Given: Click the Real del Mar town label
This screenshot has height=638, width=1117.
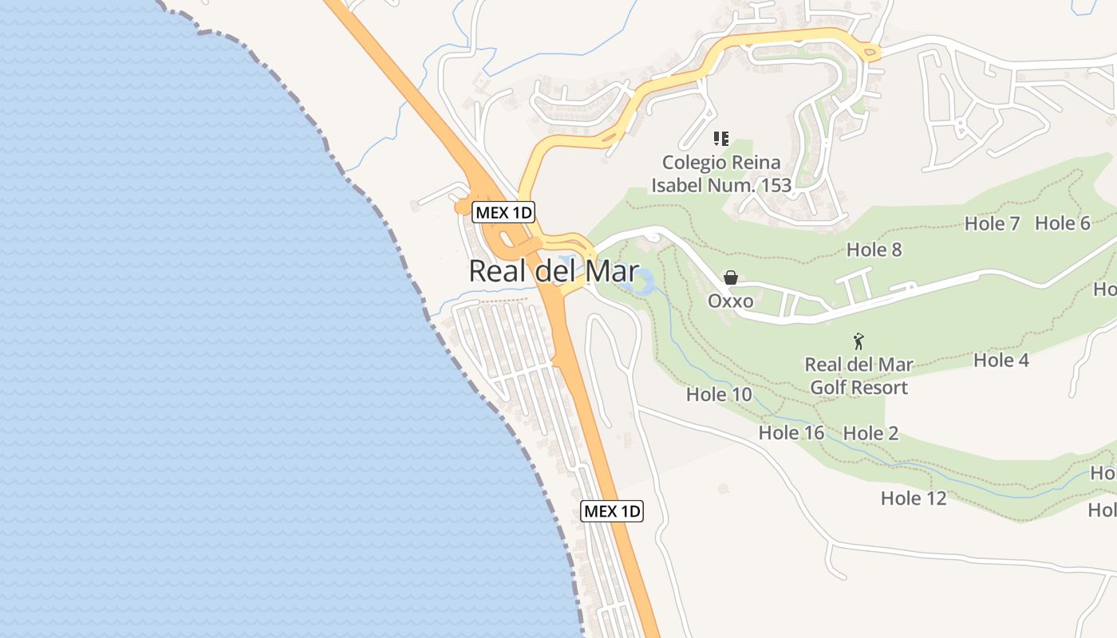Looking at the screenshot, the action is click(x=553, y=271).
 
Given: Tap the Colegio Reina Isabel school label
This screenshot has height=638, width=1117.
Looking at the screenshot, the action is click(x=721, y=174).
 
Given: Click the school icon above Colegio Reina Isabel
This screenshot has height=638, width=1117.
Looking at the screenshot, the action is click(x=721, y=139).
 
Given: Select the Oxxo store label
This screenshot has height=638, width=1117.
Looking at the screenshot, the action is click(x=730, y=301).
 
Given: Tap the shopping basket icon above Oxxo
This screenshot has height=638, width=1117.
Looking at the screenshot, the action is click(x=730, y=278).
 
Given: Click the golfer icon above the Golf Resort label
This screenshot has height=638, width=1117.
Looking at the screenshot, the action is click(x=858, y=342).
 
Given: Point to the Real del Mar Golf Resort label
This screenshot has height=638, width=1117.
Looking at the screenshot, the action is click(x=858, y=376).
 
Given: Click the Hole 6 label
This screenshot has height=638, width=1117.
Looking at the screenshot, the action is click(x=1062, y=223).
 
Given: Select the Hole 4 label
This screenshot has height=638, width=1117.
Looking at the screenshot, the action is click(x=1001, y=360).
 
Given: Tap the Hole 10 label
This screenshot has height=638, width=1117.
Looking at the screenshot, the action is click(x=718, y=394).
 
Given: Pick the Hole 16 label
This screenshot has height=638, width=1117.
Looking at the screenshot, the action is click(x=791, y=433).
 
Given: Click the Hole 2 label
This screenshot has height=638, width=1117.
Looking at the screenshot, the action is click(x=870, y=433).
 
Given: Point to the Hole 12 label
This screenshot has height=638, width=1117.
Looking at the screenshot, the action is click(x=913, y=498).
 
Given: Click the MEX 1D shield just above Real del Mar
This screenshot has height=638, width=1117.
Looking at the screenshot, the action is click(x=503, y=212).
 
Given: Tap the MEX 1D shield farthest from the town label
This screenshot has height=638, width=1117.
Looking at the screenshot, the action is click(x=611, y=511).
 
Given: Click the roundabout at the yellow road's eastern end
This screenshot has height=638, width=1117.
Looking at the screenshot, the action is click(x=870, y=53).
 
